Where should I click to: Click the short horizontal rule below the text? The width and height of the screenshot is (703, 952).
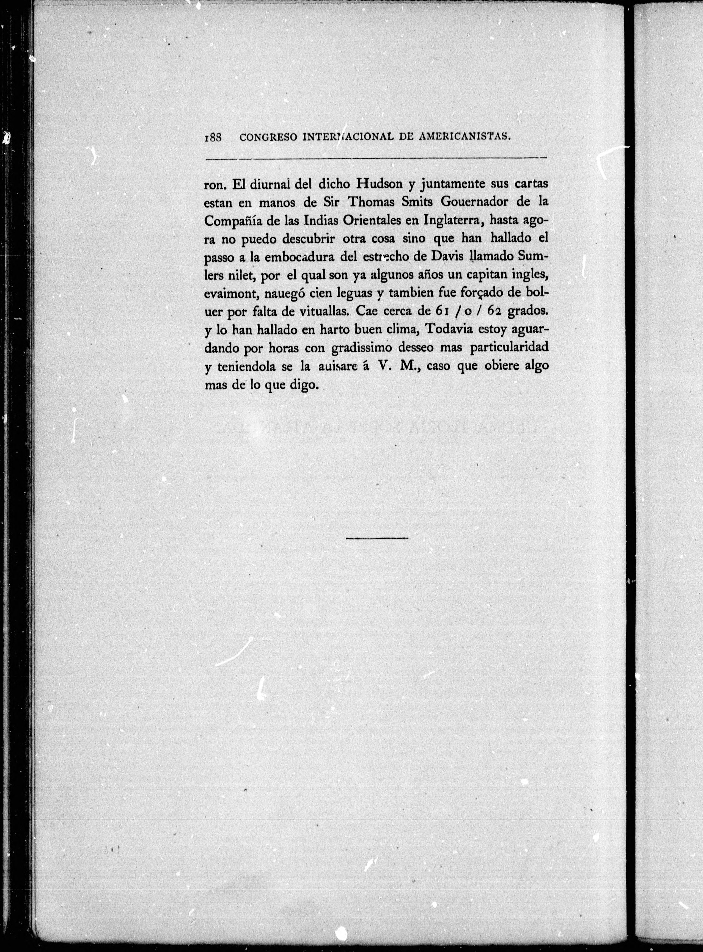pyautogui.click(x=377, y=538)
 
